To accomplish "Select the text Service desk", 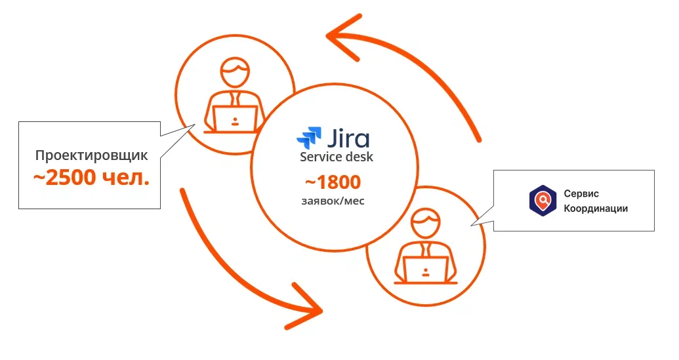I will click(x=337, y=157).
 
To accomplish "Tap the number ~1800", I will click(x=333, y=182).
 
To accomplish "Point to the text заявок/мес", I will click(x=333, y=201).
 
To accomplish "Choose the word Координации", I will click(x=596, y=209).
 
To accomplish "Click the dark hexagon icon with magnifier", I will click(x=543, y=200).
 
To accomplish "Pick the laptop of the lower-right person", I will click(x=426, y=269).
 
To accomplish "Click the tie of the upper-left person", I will click(x=234, y=99).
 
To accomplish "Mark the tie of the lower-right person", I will click(x=426, y=250).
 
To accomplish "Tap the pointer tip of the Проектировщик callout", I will click(x=195, y=126).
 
